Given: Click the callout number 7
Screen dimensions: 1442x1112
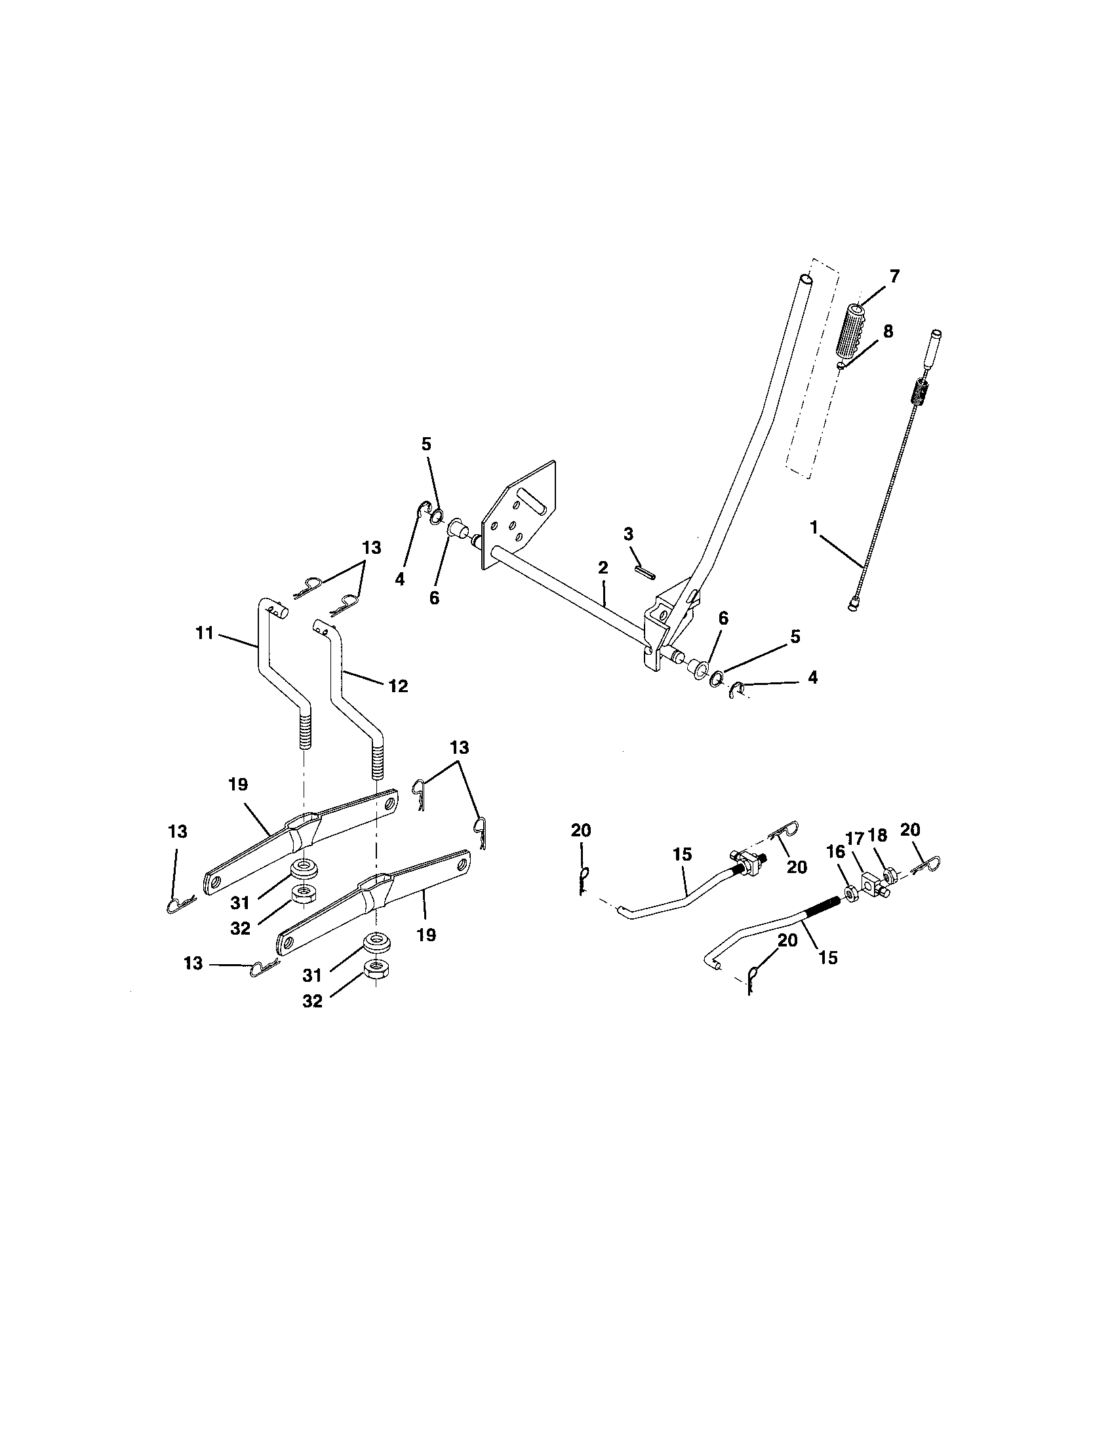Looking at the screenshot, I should tap(894, 277).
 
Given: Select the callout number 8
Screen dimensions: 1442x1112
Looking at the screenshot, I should tap(888, 332).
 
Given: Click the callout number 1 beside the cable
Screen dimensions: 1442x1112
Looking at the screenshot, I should tap(814, 527).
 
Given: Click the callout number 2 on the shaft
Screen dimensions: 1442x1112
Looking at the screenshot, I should tap(602, 567).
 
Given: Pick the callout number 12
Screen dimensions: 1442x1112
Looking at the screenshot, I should tap(397, 686).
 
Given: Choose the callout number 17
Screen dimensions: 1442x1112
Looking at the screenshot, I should tap(855, 839).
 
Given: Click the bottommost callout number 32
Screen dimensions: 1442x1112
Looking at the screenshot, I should tap(312, 1001).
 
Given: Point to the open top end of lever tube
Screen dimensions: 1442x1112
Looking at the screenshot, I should tap(804, 280).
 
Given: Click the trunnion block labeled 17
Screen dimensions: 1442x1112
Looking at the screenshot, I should tap(871, 882).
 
